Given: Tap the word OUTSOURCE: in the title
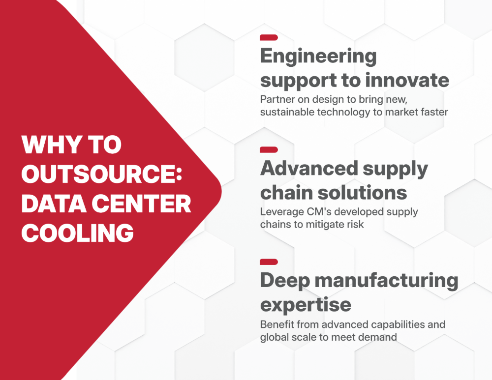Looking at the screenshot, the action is point(102,174).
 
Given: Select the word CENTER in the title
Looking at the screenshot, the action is point(141,204).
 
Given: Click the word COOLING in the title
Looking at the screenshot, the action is point(78,233).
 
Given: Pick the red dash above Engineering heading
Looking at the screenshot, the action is point(269,38).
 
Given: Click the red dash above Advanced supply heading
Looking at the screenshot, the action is point(269,149).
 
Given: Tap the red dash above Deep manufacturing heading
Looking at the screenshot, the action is point(269,262).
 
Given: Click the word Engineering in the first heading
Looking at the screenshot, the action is point(318,57).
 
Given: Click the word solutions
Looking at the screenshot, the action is point(363,193).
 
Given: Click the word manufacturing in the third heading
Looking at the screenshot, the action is point(387,280).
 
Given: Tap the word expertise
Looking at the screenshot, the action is point(306,305).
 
